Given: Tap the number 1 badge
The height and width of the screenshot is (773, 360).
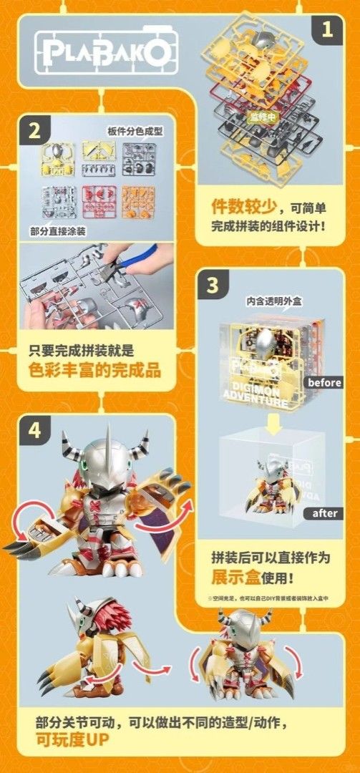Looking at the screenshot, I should [326, 30].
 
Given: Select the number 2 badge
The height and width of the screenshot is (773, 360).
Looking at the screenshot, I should [35, 131].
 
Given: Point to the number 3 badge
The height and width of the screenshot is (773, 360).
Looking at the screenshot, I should [213, 285].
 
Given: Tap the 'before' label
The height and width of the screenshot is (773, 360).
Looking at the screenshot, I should [323, 382].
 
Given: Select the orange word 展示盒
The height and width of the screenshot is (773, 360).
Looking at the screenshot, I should [233, 577].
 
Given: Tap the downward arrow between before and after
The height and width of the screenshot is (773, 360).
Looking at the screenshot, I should [274, 428].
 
